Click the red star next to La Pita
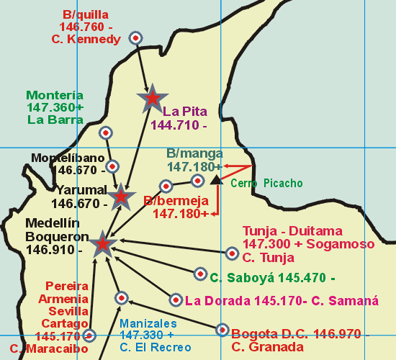[x=152, y=99]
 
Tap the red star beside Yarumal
[x=121, y=195]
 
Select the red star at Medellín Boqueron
[x=103, y=243]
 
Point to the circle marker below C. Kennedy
[x=135, y=37]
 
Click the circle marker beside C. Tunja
[x=232, y=253]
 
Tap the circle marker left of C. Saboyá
[x=200, y=274]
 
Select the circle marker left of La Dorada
[x=176, y=300]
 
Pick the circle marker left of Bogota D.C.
[x=221, y=330]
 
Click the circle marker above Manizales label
[x=122, y=297]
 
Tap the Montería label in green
[x=55, y=95]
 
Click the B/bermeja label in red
[x=176, y=201]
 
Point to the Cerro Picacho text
[x=266, y=184]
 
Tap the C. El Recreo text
[x=155, y=348]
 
